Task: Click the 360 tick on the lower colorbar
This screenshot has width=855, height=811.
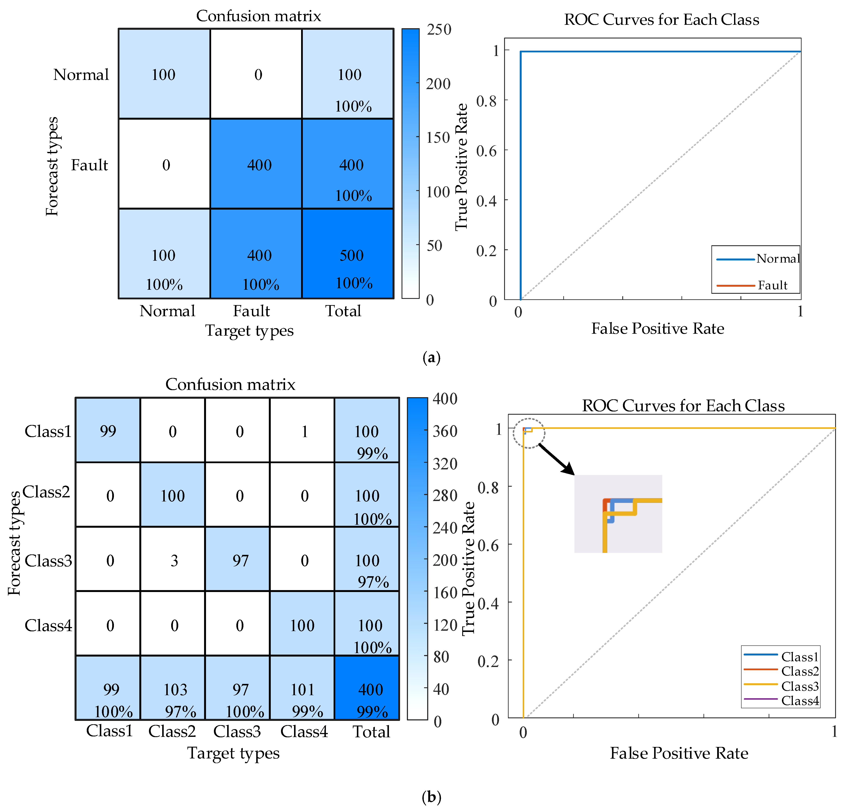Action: coord(444,431)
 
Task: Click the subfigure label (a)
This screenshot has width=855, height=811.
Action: coord(431,357)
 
